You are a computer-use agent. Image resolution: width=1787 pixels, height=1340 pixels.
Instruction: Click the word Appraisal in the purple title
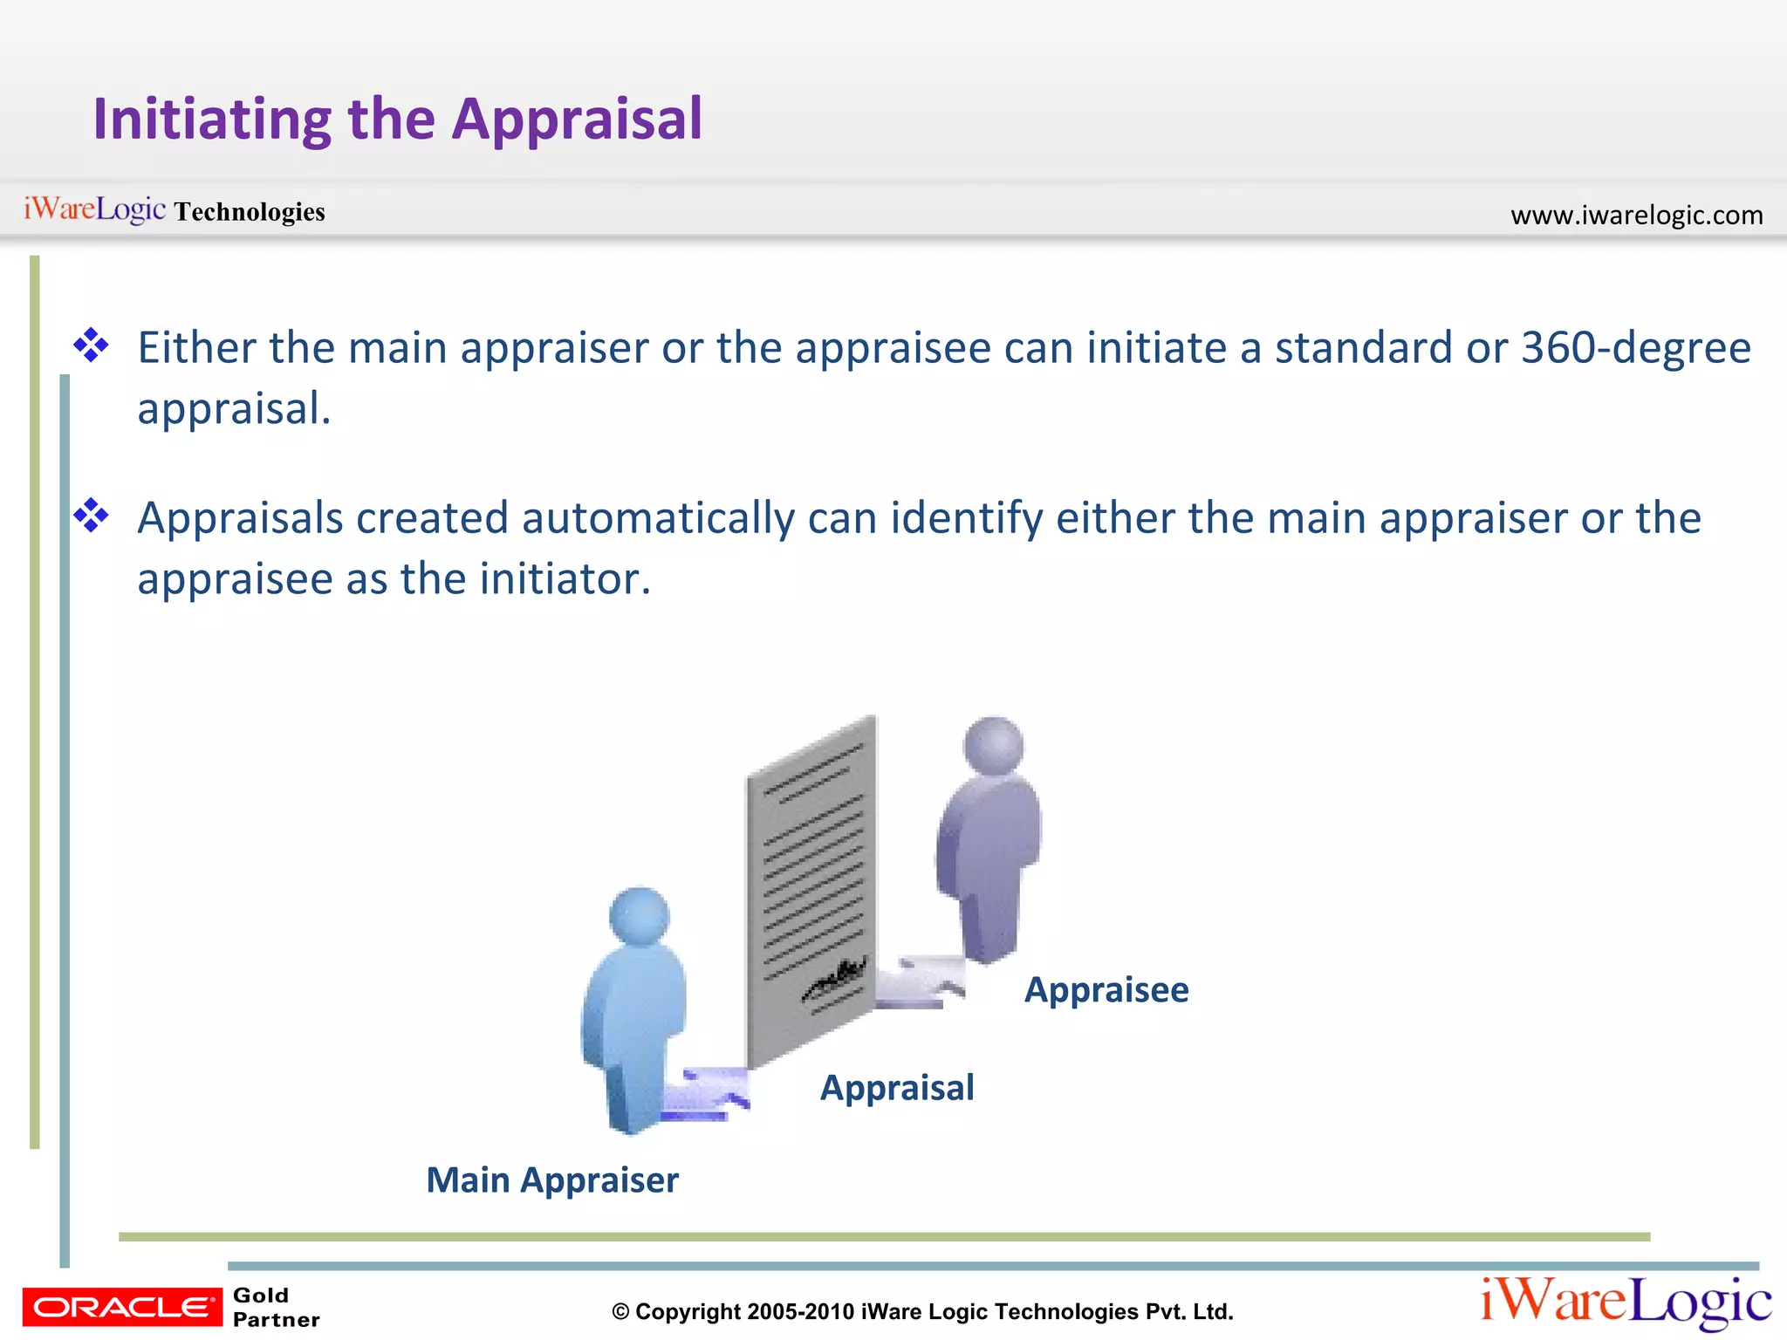tap(577, 120)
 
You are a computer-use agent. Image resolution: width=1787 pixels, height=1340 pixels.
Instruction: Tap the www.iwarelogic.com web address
tap(1636, 215)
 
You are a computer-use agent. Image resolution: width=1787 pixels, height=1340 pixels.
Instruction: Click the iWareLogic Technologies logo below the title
tap(174, 210)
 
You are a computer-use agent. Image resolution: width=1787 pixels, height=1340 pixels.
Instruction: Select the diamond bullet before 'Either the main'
tap(91, 346)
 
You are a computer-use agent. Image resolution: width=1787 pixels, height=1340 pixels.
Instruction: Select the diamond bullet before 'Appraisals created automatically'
tap(91, 516)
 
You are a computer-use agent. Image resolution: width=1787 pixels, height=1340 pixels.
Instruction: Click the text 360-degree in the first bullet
tap(1635, 347)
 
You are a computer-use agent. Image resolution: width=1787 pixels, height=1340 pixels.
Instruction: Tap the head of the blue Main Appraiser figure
tap(639, 916)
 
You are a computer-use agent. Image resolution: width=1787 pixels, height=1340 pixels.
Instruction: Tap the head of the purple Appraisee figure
tap(993, 746)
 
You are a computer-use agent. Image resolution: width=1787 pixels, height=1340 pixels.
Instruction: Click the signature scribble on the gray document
tap(835, 979)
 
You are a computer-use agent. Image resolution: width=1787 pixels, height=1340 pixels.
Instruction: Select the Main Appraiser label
tap(551, 1180)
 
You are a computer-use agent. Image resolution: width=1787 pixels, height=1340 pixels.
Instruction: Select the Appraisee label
tap(1106, 990)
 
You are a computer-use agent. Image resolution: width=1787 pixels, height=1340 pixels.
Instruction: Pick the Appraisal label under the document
tap(896, 1088)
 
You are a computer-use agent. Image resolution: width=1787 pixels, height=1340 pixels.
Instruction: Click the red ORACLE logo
tap(122, 1307)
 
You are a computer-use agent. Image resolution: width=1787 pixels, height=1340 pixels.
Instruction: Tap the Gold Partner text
tap(275, 1307)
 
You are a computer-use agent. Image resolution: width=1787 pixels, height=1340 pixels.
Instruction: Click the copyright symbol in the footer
tap(620, 1312)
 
